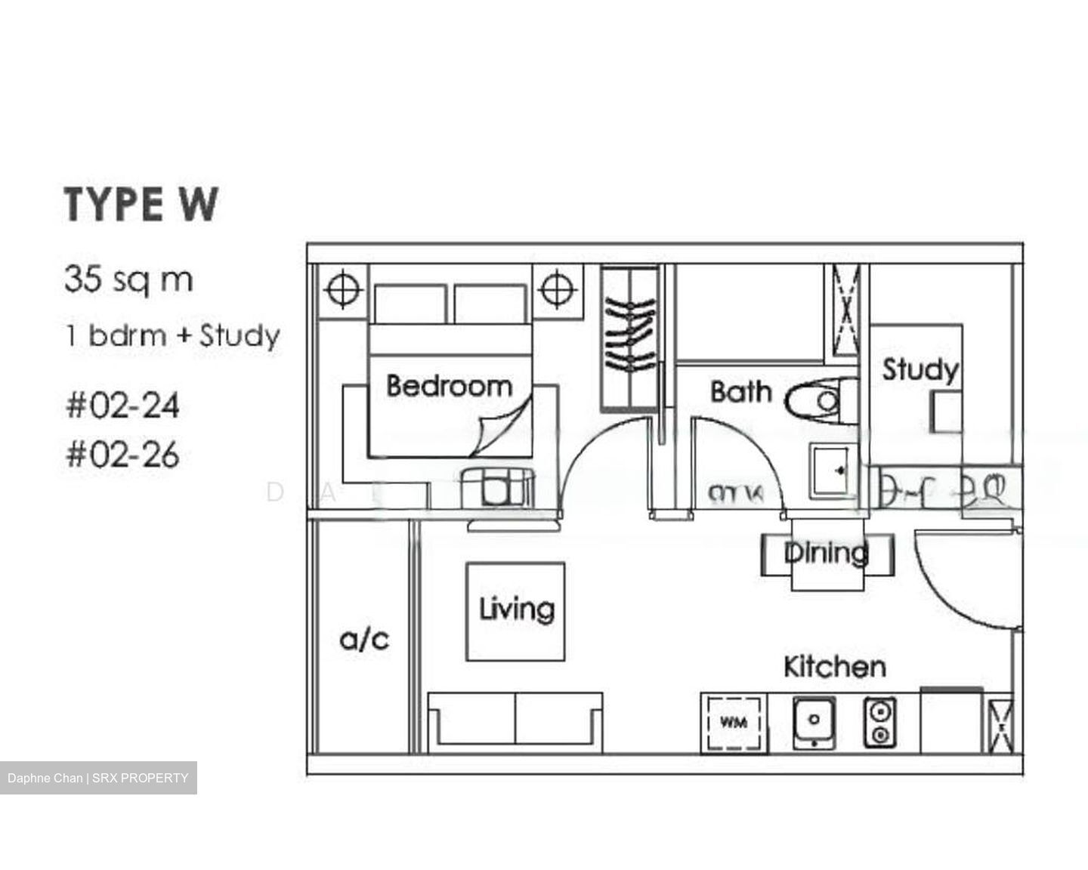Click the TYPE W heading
141,204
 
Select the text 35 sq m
128,279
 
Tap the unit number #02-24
123,406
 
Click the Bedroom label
449,386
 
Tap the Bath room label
740,392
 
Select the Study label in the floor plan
920,369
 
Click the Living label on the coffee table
516,609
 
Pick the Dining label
826,553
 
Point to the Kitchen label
834,667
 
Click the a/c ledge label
364,640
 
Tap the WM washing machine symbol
733,723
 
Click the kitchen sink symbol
814,721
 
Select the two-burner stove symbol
880,722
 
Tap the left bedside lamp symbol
342,288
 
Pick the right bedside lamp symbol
557,288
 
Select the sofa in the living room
515,720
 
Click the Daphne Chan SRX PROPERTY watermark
98,778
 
